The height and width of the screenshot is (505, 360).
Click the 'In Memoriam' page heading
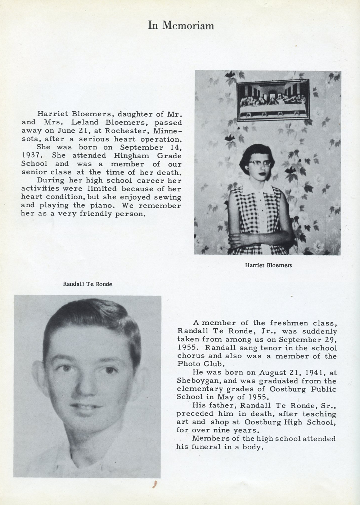point(181,25)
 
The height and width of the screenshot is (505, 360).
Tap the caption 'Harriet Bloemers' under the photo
point(268,265)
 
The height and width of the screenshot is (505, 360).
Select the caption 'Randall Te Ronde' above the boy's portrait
point(87,284)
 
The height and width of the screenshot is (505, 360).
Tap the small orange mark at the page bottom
point(155,484)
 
